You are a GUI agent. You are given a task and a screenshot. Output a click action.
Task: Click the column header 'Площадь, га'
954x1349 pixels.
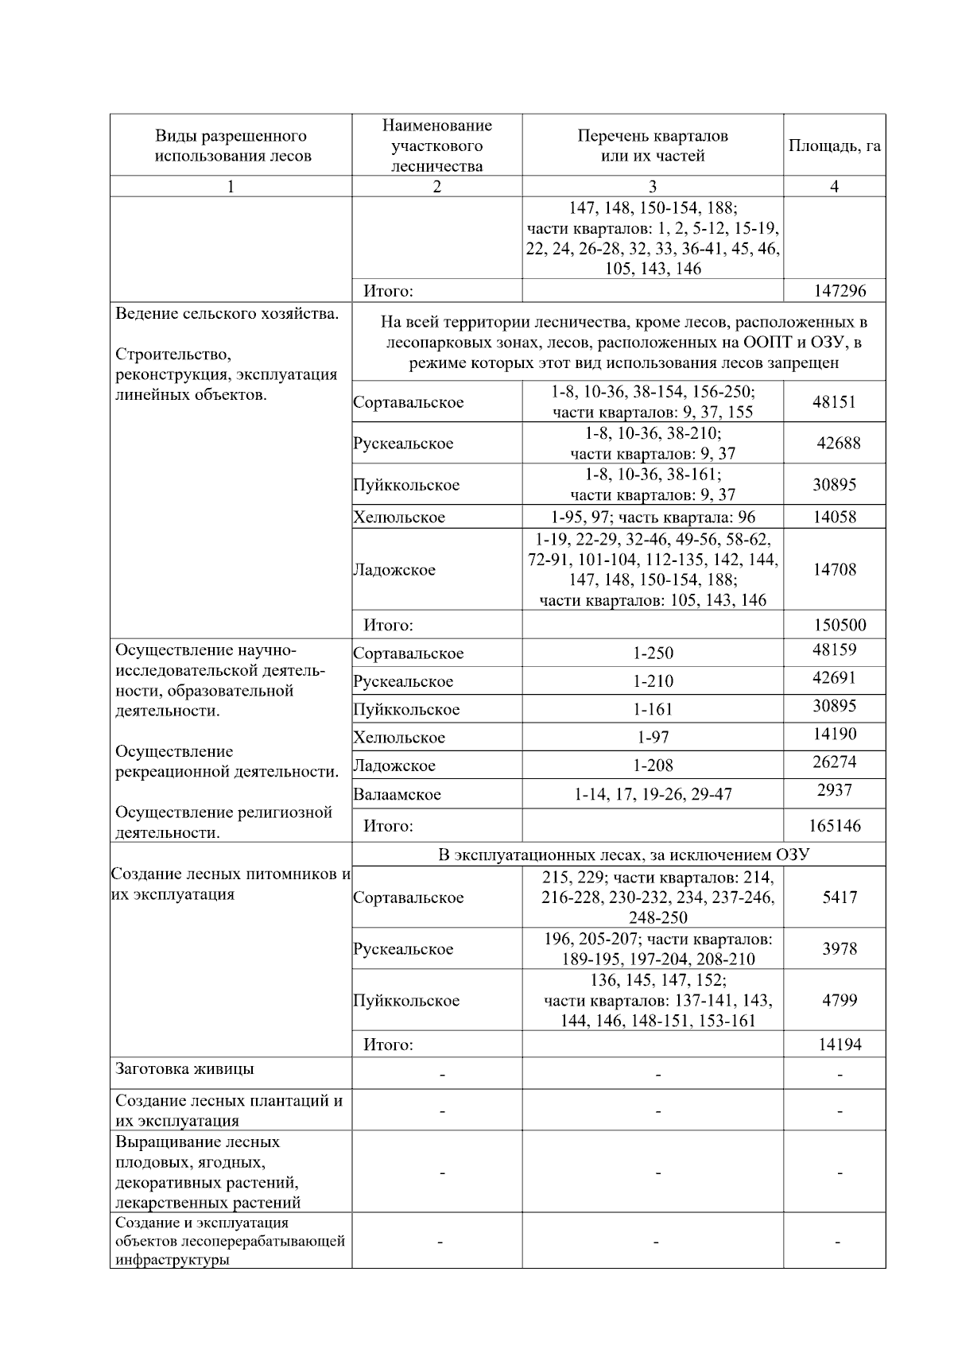[x=834, y=146]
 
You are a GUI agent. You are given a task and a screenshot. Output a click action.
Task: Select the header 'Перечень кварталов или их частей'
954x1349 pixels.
[x=652, y=146]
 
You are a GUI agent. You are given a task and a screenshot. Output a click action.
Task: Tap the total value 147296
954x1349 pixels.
[x=840, y=291]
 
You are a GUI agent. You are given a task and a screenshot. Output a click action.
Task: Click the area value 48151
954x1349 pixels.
[x=834, y=401]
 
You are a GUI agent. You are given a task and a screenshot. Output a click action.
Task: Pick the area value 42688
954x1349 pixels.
[x=839, y=443]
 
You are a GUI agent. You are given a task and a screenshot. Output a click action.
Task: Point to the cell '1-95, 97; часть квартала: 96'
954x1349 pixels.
[x=653, y=518]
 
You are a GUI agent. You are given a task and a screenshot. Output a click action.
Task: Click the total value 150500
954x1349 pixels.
[x=840, y=625]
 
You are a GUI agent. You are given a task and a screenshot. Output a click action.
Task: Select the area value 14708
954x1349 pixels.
[x=834, y=569]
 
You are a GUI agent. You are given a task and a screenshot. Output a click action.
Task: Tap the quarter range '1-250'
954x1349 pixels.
[x=653, y=653]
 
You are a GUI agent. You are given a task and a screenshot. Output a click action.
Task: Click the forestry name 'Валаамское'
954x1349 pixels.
[x=397, y=794]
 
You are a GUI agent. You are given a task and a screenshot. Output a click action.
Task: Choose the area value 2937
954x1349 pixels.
[x=834, y=790]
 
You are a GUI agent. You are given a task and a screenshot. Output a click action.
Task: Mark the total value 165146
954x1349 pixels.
[x=835, y=826]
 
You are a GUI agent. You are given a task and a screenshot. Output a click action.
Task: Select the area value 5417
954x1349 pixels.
[x=840, y=897]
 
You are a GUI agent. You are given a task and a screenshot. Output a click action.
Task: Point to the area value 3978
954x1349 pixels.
[x=840, y=948]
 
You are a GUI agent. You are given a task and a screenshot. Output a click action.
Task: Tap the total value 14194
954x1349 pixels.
[x=840, y=1045]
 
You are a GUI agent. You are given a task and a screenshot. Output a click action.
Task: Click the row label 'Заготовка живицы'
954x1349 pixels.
[x=184, y=1069]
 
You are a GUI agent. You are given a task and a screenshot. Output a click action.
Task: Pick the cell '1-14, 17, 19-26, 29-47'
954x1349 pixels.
[x=653, y=794]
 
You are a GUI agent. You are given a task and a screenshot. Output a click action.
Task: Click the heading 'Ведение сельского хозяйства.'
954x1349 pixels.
[x=227, y=314]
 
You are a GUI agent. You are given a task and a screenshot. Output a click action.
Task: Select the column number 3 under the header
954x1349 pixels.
[x=653, y=187]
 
